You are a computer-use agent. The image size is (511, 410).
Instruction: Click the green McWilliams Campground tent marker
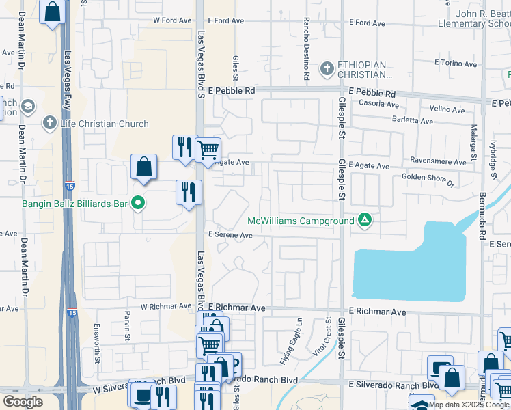point(365,220)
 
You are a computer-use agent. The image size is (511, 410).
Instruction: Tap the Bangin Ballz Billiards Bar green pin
point(138,203)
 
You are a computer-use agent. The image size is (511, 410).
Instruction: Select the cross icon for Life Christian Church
point(49,124)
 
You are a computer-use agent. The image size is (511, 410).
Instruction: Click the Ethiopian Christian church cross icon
point(327,68)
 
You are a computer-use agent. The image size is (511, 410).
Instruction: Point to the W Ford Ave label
point(172,20)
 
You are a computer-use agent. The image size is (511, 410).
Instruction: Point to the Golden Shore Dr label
point(428,179)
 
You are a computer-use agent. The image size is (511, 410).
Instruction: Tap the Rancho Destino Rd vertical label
point(307,47)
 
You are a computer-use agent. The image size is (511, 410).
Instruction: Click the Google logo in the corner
point(23,401)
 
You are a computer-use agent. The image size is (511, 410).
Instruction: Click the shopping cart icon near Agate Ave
point(208,149)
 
